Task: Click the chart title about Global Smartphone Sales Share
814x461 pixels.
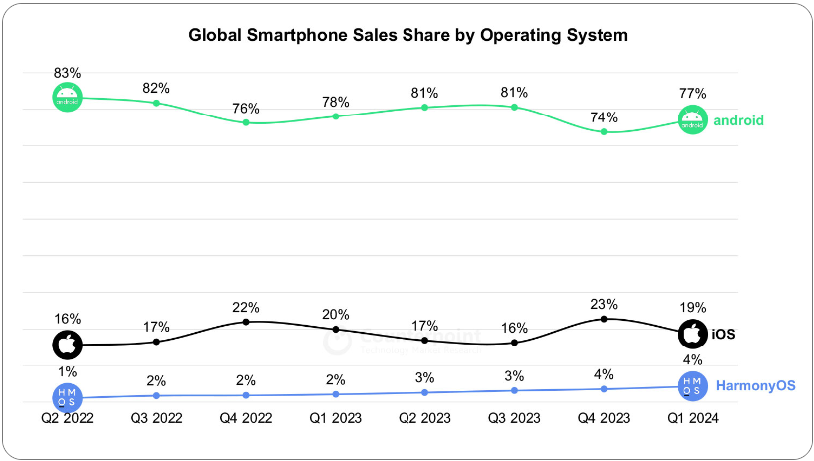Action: (408, 35)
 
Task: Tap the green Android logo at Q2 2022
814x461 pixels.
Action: (67, 97)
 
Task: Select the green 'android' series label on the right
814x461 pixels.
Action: (738, 120)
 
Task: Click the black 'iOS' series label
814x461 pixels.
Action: (723, 334)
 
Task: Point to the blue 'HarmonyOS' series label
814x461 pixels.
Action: (756, 385)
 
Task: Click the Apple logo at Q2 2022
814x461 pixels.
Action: (67, 346)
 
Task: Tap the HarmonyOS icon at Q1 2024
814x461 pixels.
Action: (693, 385)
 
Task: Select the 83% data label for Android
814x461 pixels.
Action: (67, 73)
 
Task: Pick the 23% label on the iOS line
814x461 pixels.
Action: (604, 304)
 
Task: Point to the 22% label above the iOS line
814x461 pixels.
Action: (246, 307)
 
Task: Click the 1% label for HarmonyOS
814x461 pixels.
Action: (67, 371)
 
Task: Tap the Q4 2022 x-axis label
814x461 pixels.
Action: (246, 419)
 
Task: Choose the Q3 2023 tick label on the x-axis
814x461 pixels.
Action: (514, 419)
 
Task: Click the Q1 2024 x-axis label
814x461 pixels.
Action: (693, 419)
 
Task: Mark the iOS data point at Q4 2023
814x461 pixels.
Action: (604, 319)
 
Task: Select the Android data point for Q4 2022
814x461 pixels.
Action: (246, 122)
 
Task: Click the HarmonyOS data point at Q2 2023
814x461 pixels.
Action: (424, 392)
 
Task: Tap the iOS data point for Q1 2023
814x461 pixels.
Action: (336, 329)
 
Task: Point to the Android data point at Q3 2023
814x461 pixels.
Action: (514, 106)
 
